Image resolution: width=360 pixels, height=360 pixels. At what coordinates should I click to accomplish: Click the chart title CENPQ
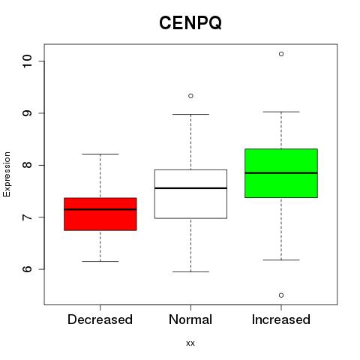[190, 23]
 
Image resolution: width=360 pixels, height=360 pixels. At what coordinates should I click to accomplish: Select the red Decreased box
[100, 214]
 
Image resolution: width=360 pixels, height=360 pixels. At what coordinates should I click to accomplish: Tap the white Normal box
[190, 194]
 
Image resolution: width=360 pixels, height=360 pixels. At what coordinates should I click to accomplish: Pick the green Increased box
[281, 173]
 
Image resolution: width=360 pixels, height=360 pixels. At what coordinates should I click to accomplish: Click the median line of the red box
[100, 209]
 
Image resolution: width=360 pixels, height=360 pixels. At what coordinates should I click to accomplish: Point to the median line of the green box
[281, 172]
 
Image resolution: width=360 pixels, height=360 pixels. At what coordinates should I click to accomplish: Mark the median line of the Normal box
[190, 188]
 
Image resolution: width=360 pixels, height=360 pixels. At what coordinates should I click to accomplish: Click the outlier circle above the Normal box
[190, 96]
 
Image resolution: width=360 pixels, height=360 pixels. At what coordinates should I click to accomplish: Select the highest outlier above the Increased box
[281, 54]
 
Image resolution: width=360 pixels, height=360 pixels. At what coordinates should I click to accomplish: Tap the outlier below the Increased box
[281, 295]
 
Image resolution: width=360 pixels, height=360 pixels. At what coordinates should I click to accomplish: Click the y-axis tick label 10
[27, 61]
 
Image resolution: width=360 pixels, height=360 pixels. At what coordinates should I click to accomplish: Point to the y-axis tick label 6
[27, 269]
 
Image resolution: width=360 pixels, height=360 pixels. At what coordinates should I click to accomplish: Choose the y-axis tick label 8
[27, 165]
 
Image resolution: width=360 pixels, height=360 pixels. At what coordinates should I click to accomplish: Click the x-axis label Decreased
[100, 319]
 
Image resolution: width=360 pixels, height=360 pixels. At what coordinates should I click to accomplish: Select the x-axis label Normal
[190, 319]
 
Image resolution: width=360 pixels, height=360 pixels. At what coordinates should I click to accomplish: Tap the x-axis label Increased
[281, 319]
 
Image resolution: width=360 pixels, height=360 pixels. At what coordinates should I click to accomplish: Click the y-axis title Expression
[7, 174]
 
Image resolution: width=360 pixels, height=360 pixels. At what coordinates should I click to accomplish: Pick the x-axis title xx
[190, 343]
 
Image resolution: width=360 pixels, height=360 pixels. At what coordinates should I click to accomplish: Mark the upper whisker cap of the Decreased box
[100, 154]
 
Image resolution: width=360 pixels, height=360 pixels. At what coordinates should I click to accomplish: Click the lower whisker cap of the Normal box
[190, 271]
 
